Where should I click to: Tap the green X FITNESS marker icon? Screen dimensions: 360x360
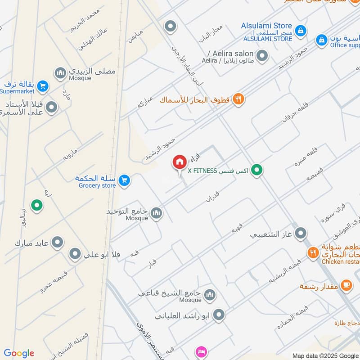pyautogui.click(x=256, y=170)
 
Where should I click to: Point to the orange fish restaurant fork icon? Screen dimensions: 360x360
pyautogui.click(x=238, y=99)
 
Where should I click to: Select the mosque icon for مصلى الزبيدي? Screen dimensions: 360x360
pyautogui.click(x=60, y=72)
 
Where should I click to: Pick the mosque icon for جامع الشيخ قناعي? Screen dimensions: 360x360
pyautogui.click(x=209, y=295)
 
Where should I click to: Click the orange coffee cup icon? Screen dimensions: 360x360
pyautogui.click(x=346, y=285)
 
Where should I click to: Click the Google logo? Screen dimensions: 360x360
pyautogui.click(x=19, y=353)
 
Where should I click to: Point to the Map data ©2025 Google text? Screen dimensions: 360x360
pyautogui.click(x=325, y=355)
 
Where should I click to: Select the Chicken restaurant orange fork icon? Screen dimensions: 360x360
pyautogui.click(x=313, y=253)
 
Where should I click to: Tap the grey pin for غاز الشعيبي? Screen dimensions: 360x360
pyautogui.click(x=301, y=234)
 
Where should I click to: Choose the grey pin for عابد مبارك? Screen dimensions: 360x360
pyautogui.click(x=57, y=243)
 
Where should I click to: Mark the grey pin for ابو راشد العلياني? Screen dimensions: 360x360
pyautogui.click(x=219, y=315)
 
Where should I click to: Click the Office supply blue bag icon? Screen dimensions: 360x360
pyautogui.click(x=321, y=40)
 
